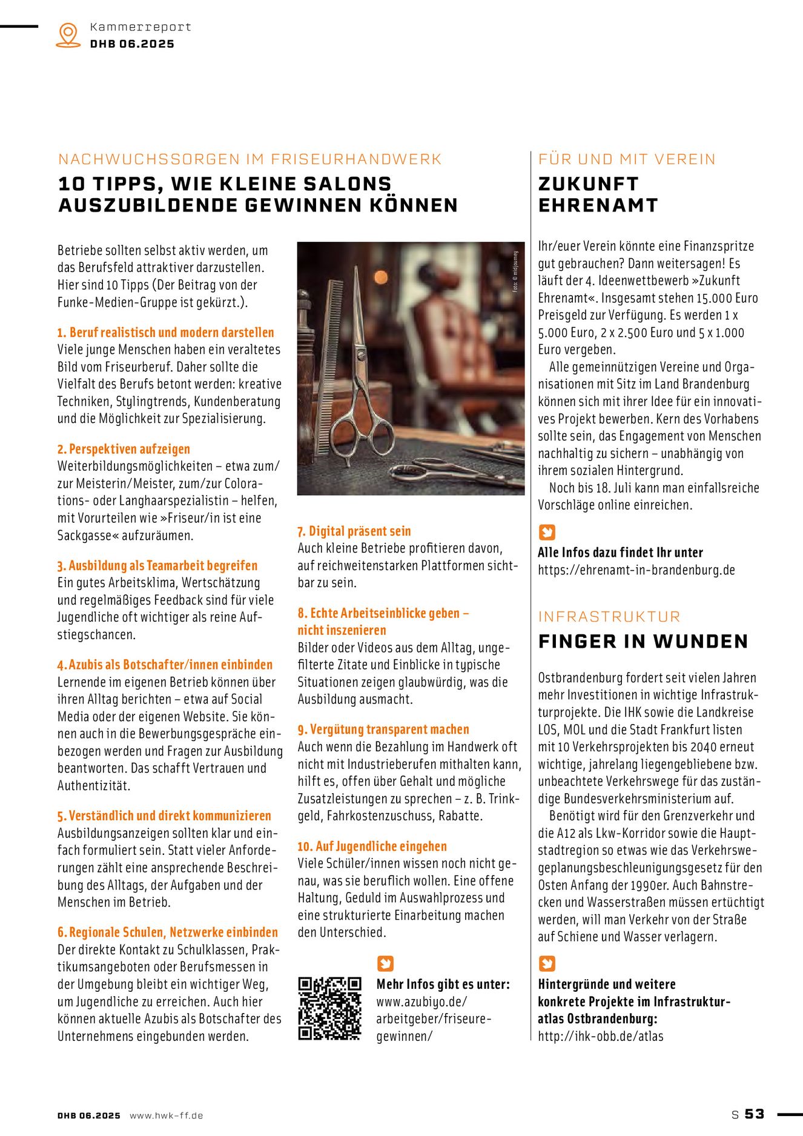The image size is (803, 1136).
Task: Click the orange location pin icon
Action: pyautogui.click(x=68, y=35)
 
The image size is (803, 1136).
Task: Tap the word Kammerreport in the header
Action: pyautogui.click(x=140, y=27)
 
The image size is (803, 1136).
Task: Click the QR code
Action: pyautogui.click(x=329, y=1008)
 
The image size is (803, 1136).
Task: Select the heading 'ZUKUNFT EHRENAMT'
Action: pyautogui.click(x=598, y=194)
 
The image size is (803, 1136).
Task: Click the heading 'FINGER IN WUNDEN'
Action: pyautogui.click(x=643, y=641)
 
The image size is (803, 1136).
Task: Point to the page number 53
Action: pyautogui.click(x=755, y=1114)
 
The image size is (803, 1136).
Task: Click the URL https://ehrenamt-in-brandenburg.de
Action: pyautogui.click(x=636, y=570)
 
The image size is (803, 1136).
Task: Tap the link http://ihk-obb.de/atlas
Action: pyautogui.click(x=600, y=1036)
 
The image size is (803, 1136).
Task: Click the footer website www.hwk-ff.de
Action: pyautogui.click(x=167, y=1115)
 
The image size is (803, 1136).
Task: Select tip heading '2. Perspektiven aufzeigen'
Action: pyautogui.click(x=124, y=449)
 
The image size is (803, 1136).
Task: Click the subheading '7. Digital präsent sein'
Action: pyautogui.click(x=354, y=531)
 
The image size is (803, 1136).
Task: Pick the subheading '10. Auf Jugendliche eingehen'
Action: pyautogui.click(x=372, y=846)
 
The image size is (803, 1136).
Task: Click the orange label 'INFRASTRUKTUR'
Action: pyautogui.click(x=609, y=616)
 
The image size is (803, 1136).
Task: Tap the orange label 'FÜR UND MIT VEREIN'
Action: pyautogui.click(x=627, y=159)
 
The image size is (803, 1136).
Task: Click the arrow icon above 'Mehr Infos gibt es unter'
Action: pyautogui.click(x=385, y=963)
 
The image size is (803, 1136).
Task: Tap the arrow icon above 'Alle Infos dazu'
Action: pyautogui.click(x=547, y=532)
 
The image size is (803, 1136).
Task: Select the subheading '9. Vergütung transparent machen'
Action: pyautogui.click(x=383, y=729)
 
